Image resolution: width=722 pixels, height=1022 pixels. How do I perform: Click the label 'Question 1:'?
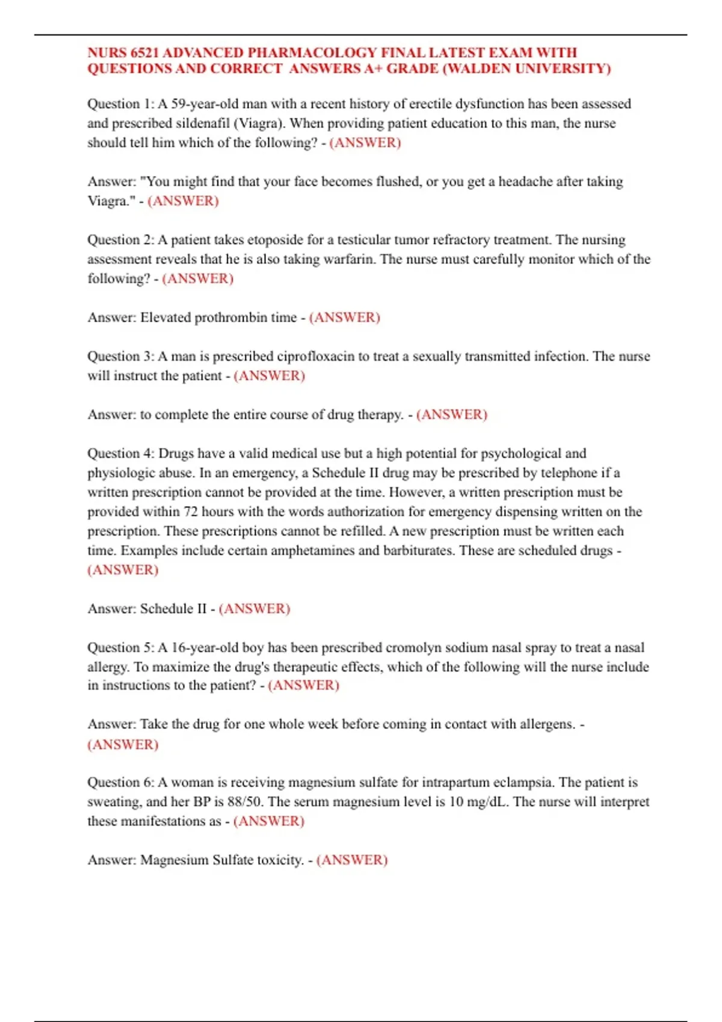point(121,104)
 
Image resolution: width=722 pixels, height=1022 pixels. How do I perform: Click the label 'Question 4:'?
point(121,453)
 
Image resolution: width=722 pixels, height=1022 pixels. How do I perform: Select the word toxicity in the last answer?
point(280,860)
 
